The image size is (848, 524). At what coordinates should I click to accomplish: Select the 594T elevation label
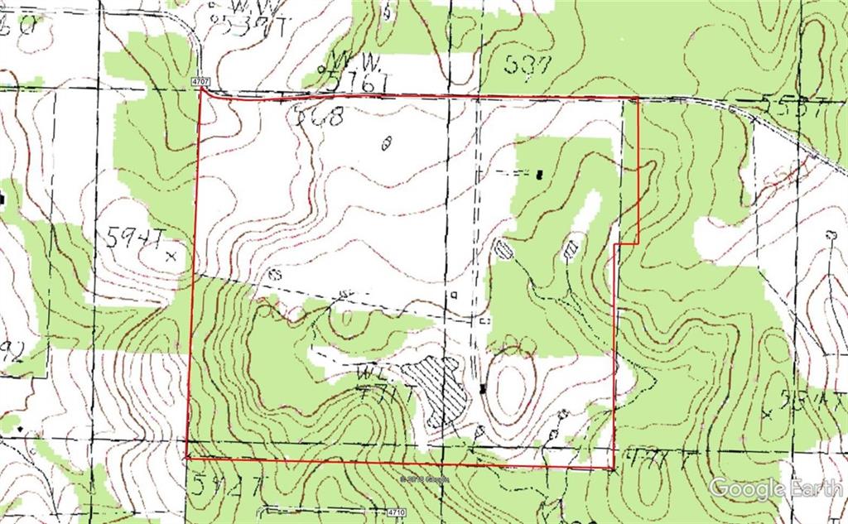[133, 239]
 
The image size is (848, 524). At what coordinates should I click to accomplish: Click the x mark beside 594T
[171, 255]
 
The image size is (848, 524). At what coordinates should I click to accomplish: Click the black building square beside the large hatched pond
[483, 389]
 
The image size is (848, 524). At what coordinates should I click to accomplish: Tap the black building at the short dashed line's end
[539, 174]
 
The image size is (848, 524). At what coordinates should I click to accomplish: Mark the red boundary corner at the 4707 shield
[203, 91]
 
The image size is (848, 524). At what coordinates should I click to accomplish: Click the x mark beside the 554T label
[766, 413]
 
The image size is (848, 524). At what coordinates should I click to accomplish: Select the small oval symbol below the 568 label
[385, 145]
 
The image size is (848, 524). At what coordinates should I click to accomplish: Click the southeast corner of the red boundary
[612, 469]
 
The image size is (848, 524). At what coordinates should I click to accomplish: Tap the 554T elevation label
[807, 401]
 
